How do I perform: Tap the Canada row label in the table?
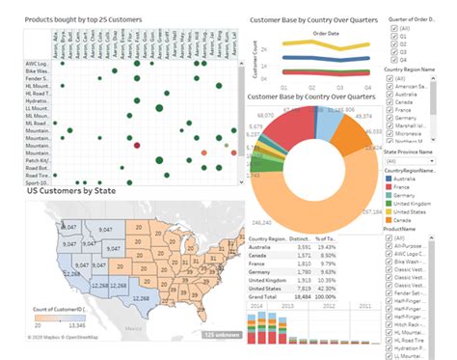[260, 254]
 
